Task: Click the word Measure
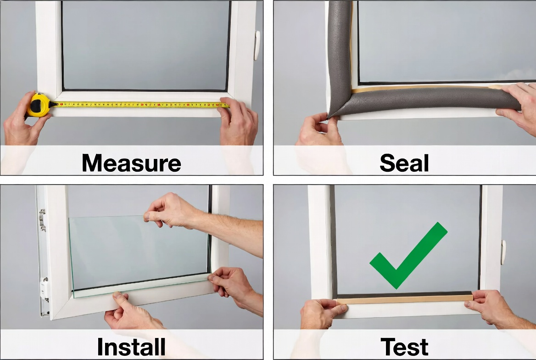tap(131, 163)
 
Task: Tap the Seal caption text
tap(404, 163)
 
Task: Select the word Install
tap(131, 347)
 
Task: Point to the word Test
tap(404, 347)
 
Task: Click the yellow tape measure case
tap(39, 104)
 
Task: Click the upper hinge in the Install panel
tap(42, 219)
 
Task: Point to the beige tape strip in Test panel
tap(404, 299)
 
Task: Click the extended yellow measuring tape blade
tap(138, 105)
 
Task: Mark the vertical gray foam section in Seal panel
tap(338, 51)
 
